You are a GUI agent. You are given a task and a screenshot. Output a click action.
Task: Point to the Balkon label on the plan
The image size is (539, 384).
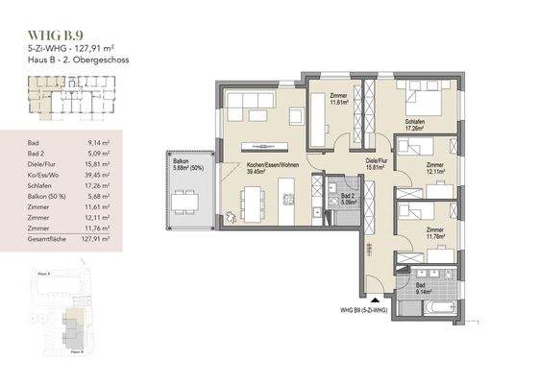(180, 163)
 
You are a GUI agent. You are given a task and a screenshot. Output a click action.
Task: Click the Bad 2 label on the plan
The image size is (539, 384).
(349, 199)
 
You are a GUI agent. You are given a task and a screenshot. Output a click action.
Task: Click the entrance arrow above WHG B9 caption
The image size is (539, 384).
(361, 298)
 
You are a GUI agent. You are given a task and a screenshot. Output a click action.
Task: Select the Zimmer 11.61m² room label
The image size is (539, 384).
(337, 100)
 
